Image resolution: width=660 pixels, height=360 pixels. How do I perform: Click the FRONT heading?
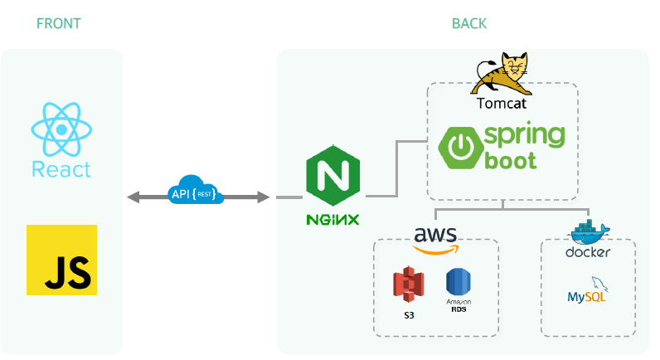coord(59,23)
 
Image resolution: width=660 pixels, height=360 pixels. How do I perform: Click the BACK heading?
coord(469,23)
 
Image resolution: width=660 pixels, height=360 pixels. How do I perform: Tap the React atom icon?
coord(61,131)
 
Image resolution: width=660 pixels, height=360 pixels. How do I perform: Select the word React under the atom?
coord(61,170)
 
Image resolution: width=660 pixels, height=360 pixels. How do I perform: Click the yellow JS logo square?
coord(61,260)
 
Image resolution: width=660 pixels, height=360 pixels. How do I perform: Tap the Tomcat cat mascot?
coord(502,75)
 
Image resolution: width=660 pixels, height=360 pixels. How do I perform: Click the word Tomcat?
coord(502,105)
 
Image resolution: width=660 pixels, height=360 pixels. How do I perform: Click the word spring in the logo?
coord(525,135)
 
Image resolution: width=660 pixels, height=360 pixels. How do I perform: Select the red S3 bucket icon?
coord(408,287)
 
